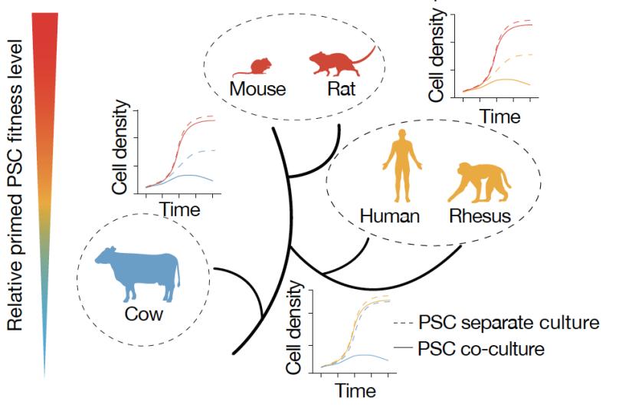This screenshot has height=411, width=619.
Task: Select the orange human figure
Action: [402, 166]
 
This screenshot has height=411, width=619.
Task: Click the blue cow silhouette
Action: [137, 275]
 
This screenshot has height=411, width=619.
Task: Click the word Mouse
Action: [257, 88]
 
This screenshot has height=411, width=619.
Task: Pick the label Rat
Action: [342, 88]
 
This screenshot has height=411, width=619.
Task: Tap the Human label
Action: [390, 216]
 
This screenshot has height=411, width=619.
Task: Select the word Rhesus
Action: [480, 216]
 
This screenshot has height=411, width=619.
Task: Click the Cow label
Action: [144, 314]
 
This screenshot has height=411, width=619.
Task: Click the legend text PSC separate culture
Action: [509, 323]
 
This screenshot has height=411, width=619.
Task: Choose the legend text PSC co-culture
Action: [481, 349]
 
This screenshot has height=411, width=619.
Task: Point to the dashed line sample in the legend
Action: [403, 324]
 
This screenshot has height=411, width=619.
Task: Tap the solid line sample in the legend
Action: [403, 347]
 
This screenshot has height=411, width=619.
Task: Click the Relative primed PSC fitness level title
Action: [15, 185]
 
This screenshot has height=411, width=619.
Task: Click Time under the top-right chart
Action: [499, 117]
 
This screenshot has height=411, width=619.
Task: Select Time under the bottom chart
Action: [355, 391]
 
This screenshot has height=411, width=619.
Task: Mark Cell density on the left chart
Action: [121, 147]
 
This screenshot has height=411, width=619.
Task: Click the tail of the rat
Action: [365, 56]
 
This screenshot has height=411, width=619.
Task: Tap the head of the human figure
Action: [402, 134]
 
